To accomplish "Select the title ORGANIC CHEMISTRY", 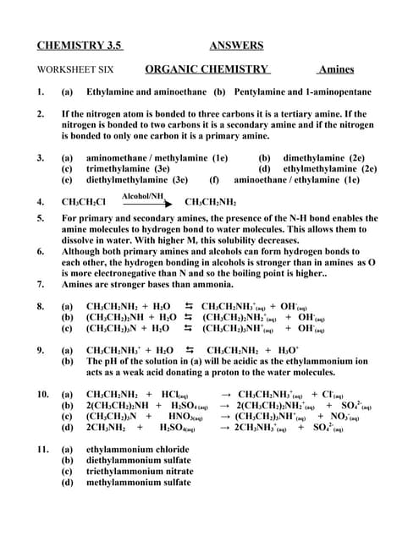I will (207, 69).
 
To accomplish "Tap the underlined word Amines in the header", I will (336, 69).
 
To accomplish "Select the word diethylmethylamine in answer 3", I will (128, 179).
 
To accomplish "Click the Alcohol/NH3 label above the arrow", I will (142, 195).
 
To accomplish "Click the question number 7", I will (41, 284).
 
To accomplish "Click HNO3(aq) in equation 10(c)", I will (189, 416).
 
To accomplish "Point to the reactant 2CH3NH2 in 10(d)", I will (109, 428).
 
